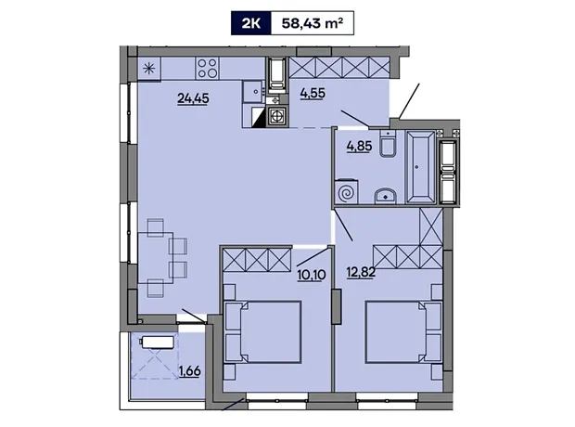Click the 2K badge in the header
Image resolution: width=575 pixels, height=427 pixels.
click(x=250, y=23)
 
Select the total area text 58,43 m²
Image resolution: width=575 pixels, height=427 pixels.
click(x=313, y=23)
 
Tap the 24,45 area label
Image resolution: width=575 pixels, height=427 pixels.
click(x=193, y=98)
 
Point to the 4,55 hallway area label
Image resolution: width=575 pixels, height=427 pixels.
click(x=313, y=93)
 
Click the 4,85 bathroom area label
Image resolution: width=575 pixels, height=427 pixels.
click(x=359, y=146)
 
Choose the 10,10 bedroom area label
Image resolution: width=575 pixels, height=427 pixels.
click(x=312, y=275)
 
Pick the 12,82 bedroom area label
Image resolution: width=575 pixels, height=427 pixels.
click(x=361, y=272)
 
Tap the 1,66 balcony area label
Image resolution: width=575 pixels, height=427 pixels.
click(x=190, y=371)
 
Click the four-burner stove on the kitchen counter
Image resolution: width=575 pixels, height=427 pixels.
click(x=207, y=69)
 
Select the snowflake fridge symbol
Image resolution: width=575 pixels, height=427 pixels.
click(x=149, y=69)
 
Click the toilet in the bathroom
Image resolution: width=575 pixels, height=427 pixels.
click(x=387, y=144)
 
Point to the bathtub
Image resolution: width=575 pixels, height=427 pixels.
click(x=421, y=167)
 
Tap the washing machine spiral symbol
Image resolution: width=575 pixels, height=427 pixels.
click(x=347, y=191)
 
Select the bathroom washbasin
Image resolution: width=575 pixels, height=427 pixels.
click(x=386, y=196)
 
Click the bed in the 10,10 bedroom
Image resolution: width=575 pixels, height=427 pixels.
click(x=262, y=332)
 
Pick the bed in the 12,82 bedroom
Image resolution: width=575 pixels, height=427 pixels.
click(x=404, y=332)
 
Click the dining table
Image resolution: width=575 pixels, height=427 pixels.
click(x=156, y=258)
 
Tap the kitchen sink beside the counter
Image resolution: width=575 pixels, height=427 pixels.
click(x=254, y=90)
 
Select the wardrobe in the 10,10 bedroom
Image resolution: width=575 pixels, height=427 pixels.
click(x=258, y=260)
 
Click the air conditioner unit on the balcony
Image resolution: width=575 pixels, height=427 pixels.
click(x=158, y=343)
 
